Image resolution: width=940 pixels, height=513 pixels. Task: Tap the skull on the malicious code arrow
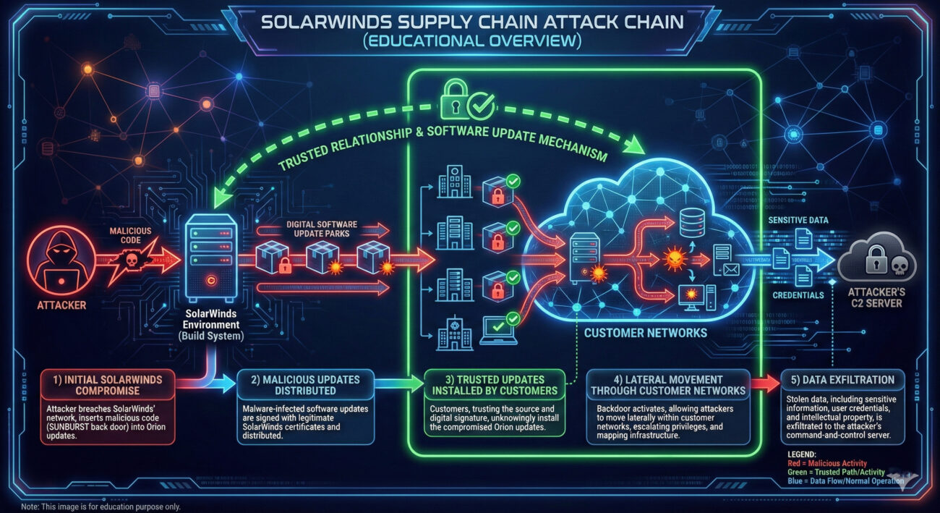click(x=132, y=259)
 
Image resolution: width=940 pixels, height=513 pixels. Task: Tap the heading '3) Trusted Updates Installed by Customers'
click(x=494, y=386)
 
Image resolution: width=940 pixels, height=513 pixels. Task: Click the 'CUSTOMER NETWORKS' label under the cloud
click(x=646, y=333)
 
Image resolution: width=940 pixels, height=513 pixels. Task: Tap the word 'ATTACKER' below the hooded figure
click(x=61, y=305)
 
